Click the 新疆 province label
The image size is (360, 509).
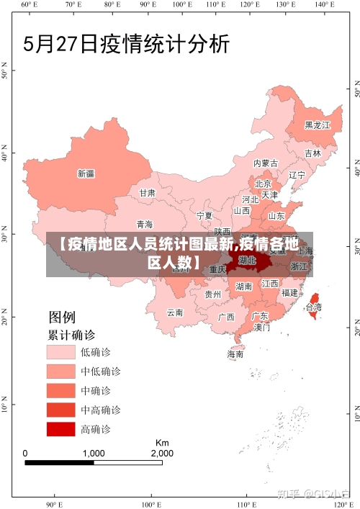(x=86, y=174)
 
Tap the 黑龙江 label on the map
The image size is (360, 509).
(x=317, y=125)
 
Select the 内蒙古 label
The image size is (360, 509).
(x=266, y=163)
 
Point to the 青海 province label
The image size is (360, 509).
(x=145, y=224)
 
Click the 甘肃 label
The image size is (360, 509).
(x=147, y=193)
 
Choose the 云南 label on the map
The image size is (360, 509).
(x=175, y=312)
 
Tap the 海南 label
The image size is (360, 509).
(x=235, y=353)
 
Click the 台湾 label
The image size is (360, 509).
(x=314, y=307)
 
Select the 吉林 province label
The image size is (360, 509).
(x=312, y=153)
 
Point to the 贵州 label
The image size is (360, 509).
(x=213, y=294)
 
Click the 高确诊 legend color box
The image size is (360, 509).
(x=61, y=429)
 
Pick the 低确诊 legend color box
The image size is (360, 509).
(x=61, y=351)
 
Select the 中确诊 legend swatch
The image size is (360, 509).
(x=61, y=390)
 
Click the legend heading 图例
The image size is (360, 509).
(x=62, y=317)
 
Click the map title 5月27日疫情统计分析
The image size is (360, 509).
(x=127, y=44)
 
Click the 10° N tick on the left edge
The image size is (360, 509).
(x=5, y=407)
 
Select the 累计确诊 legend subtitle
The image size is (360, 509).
(x=71, y=335)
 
